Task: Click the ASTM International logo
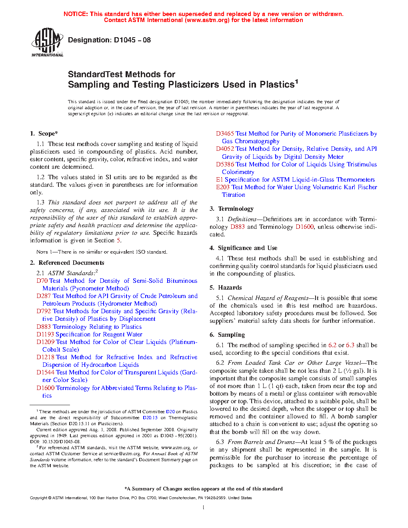tap(47, 42)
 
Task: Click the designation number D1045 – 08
tap(132, 40)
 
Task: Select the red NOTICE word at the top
tap(76, 14)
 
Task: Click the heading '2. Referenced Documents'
tap(67, 263)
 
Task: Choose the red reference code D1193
tap(45, 334)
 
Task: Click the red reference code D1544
tap(45, 372)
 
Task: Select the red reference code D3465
tap(225, 134)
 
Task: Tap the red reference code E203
tap(223, 187)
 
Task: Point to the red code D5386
tap(225, 164)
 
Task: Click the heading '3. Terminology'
tap(232, 209)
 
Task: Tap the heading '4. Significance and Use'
tap(243, 248)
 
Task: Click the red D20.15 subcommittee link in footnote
tap(150, 418)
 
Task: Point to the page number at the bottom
tap(204, 508)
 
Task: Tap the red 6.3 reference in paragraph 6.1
tap(350, 345)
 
